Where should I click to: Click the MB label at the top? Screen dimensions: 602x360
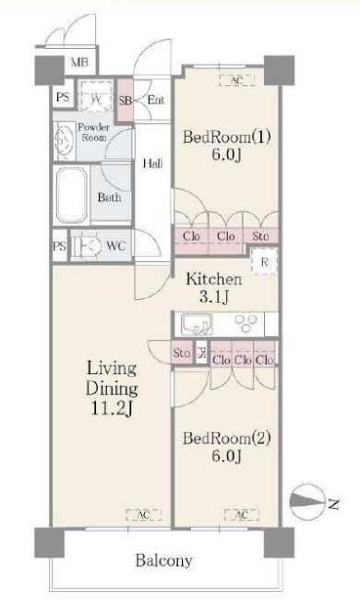pyautogui.click(x=81, y=64)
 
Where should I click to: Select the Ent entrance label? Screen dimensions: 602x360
pyautogui.click(x=156, y=99)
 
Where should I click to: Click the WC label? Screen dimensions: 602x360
pyautogui.click(x=116, y=246)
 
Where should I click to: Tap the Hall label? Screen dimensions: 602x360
pyautogui.click(x=152, y=165)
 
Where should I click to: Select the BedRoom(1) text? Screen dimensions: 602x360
pyautogui.click(x=227, y=138)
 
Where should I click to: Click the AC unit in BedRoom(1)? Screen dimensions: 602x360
pyautogui.click(x=235, y=81)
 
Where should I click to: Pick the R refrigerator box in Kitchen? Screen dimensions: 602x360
pyautogui.click(x=266, y=262)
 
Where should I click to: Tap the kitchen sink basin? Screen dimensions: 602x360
pyautogui.click(x=197, y=324)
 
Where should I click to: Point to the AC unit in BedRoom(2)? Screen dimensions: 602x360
pyautogui.click(x=241, y=514)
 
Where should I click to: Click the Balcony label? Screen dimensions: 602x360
pyautogui.click(x=163, y=560)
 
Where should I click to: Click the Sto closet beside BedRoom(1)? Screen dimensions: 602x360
pyautogui.click(x=261, y=237)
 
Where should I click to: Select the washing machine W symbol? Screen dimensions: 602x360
pyautogui.click(x=96, y=98)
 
